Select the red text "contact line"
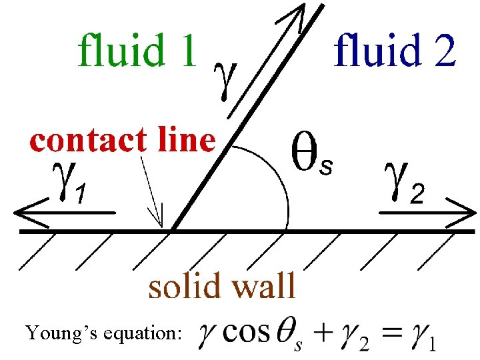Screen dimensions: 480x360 123,141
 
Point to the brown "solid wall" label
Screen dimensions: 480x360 221,286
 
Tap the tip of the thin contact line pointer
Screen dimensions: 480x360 161,225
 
